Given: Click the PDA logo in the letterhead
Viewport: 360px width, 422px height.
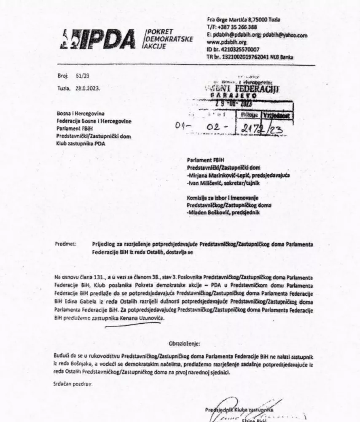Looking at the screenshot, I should click(x=99, y=39).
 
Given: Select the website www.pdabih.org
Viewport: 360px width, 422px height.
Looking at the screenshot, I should click(x=226, y=43).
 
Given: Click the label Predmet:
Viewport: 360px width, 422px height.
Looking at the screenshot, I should click(x=65, y=244).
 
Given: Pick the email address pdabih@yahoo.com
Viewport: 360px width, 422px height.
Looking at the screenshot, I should click(x=285, y=35).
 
